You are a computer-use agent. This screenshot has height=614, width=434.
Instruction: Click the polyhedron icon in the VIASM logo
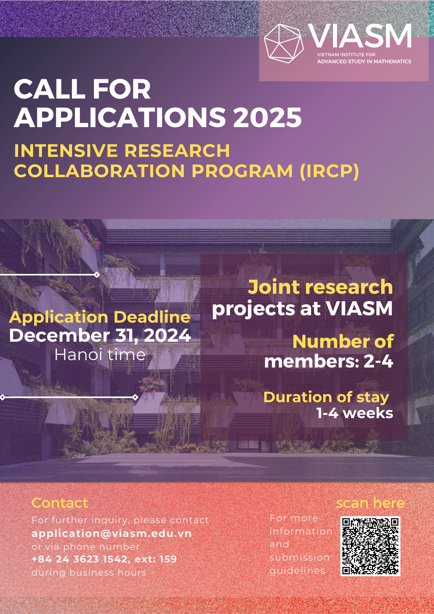[x=284, y=43]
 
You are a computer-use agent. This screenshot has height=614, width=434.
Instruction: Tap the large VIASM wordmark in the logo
[x=360, y=36]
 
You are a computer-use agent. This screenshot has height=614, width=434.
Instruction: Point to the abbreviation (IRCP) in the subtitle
[x=329, y=171]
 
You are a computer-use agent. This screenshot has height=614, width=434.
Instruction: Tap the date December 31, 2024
[x=100, y=335]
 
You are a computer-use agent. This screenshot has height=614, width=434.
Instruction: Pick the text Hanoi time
[x=100, y=355]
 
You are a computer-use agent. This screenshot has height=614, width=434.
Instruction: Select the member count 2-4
[x=378, y=361]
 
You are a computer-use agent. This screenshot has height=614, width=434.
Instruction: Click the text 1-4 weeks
[x=355, y=413]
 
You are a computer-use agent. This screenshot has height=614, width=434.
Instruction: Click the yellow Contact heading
[x=60, y=503]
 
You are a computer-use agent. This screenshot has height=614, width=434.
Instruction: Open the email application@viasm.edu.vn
[x=112, y=534]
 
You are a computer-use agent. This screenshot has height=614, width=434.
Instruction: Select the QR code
[x=370, y=546]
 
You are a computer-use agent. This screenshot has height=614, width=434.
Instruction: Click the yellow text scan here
[x=370, y=503]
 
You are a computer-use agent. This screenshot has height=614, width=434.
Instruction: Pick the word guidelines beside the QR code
[x=297, y=571]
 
